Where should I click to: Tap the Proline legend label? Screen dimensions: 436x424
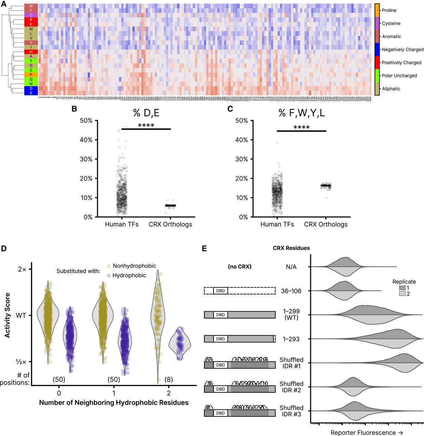(389, 10)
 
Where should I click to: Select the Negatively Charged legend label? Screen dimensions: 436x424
(403, 49)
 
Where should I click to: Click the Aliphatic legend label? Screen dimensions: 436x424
(391, 89)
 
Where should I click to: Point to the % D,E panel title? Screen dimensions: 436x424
(146, 113)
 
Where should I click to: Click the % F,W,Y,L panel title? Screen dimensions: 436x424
(301, 113)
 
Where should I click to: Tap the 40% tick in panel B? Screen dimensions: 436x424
(86, 140)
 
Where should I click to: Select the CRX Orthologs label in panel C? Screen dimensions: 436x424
(326, 224)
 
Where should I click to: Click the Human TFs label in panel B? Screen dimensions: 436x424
(122, 224)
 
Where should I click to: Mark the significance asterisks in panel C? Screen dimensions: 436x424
(301, 127)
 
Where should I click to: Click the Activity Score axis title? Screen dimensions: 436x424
(7, 315)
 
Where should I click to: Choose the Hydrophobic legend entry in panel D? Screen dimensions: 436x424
(129, 275)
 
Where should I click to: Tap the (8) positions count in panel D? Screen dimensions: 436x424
(169, 379)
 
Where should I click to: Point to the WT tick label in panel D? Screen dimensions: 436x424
(21, 315)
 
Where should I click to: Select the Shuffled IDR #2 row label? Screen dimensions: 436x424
(291, 387)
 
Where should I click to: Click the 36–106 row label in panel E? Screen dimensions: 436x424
(291, 291)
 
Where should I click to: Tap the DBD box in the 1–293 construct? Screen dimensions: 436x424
(220, 339)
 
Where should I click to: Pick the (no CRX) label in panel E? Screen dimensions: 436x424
(239, 267)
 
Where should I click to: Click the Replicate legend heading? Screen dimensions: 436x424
(404, 282)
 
